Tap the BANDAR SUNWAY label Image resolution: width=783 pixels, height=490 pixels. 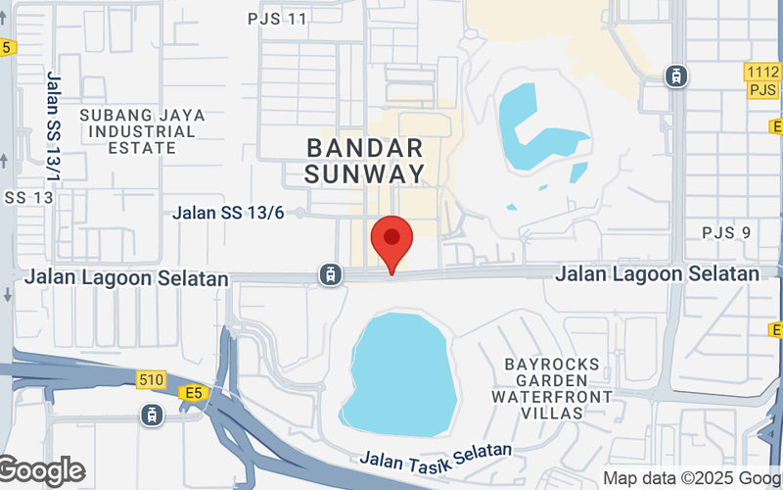(365, 162)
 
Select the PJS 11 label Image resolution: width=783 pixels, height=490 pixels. (277, 19)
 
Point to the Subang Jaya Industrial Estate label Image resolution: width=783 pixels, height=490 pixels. (143, 131)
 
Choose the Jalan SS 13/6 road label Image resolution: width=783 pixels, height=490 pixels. (228, 213)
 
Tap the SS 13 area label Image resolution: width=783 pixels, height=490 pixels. (26, 197)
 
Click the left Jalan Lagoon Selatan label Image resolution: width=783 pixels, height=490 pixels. (127, 278)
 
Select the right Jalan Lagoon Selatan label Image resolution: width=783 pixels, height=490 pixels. (657, 274)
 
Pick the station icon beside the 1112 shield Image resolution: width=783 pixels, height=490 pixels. (675, 74)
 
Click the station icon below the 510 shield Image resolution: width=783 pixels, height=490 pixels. (152, 416)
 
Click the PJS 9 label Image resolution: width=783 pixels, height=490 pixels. (726, 232)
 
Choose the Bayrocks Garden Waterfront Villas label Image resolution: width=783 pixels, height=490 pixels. (552, 388)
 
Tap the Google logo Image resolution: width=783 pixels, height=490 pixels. (41, 471)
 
